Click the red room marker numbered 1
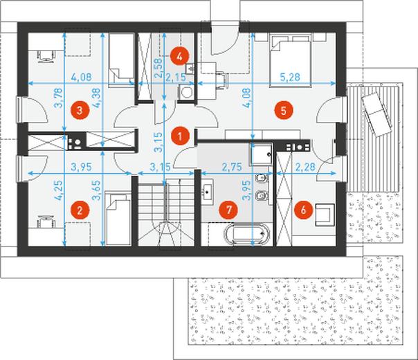click(180, 136)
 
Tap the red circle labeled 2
click(80, 210)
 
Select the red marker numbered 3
click(80, 110)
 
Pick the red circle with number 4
click(180, 56)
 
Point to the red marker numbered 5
click(283, 110)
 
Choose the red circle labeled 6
click(304, 210)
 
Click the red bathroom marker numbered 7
click(228, 210)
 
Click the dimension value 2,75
click(232, 167)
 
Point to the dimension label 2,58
click(159, 68)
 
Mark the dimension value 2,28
click(305, 167)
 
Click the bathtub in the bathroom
click(247, 235)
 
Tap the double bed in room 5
click(291, 60)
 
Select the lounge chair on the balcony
click(377, 115)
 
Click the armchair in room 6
click(325, 215)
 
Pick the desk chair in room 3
click(46, 56)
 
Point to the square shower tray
click(262, 154)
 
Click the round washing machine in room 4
click(185, 93)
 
